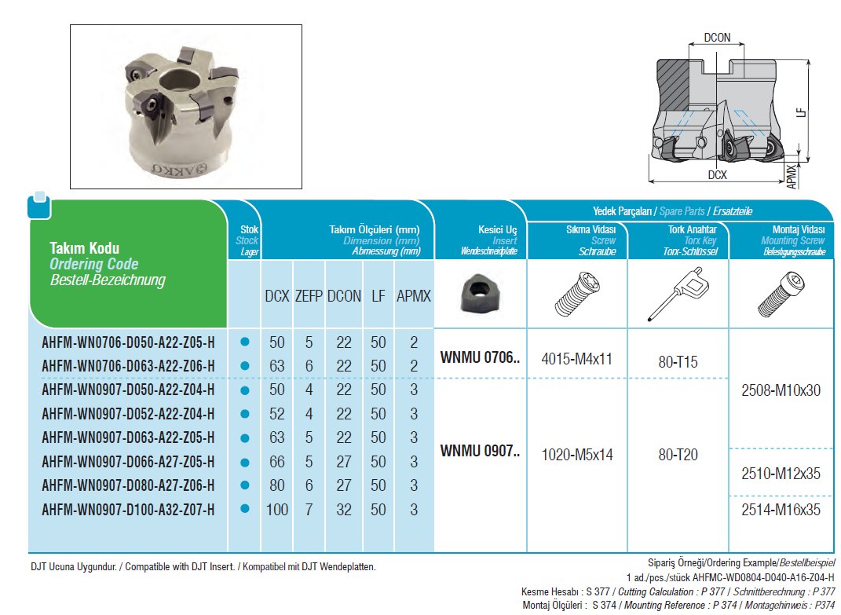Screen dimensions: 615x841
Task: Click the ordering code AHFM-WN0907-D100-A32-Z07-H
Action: coord(128,510)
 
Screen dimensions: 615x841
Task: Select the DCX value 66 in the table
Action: coord(277,462)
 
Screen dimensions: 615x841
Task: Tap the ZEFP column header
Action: coord(308,297)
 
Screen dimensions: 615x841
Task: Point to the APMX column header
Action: coord(414,297)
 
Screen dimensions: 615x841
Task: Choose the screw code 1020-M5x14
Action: coord(577,454)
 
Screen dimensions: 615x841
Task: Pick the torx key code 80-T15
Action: coord(678,361)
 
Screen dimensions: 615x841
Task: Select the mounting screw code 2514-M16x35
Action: coord(781,509)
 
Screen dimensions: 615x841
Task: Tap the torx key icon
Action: coord(677,295)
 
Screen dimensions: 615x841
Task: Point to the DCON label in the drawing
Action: coord(717,37)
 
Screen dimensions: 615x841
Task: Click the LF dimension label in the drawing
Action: coord(800,112)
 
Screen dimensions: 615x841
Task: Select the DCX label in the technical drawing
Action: coord(717,176)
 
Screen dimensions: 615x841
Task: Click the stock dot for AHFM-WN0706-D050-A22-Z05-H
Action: coord(244,342)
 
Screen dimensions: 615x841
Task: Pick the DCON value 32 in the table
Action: coord(344,510)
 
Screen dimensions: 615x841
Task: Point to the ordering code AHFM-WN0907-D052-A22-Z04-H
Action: coord(128,414)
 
